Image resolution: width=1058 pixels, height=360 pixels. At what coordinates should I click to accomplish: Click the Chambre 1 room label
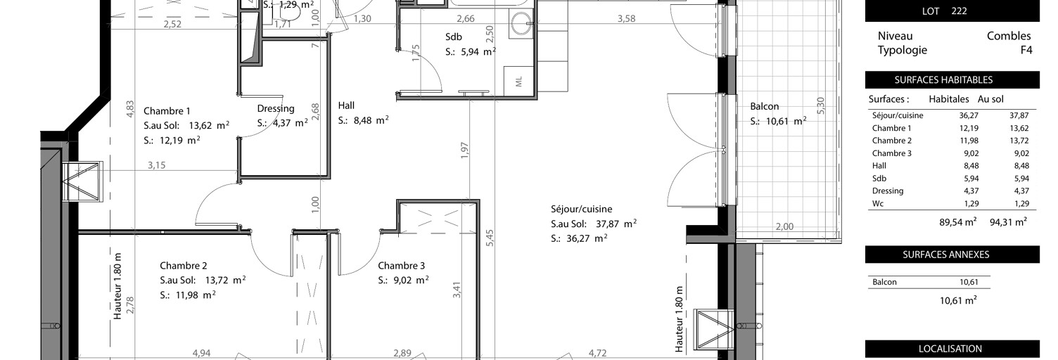pyautogui.click(x=167, y=111)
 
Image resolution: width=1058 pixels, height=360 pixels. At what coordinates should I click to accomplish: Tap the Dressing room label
pyautogui.click(x=276, y=109)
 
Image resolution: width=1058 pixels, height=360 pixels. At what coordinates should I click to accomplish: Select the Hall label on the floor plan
pyautogui.click(x=346, y=105)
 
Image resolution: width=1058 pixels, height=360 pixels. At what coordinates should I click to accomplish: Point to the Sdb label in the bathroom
pyautogui.click(x=454, y=37)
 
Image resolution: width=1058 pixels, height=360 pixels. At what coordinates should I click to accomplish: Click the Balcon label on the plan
pyautogui.click(x=764, y=106)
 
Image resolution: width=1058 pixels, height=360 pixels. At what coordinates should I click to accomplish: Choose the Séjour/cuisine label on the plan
pyautogui.click(x=581, y=209)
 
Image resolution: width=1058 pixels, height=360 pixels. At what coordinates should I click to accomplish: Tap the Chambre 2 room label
pyautogui.click(x=183, y=266)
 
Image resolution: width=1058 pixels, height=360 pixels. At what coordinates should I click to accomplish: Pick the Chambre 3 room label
pyautogui.click(x=401, y=266)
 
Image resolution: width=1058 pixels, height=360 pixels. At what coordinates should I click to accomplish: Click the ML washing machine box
pyautogui.click(x=519, y=82)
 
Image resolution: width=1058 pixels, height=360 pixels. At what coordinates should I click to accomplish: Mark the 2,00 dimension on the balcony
pyautogui.click(x=784, y=226)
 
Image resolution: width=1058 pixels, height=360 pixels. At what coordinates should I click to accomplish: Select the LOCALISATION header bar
pyautogui.click(x=952, y=349)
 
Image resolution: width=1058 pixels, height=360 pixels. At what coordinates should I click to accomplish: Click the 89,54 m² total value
pyautogui.click(x=957, y=221)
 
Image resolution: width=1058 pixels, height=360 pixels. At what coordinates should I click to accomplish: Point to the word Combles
pyautogui.click(x=1008, y=36)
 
